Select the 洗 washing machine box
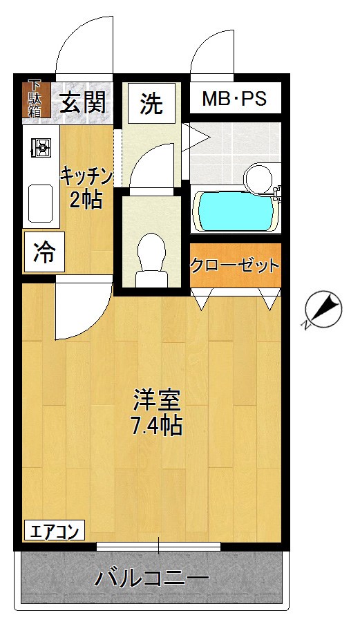(x=151, y=103)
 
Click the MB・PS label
(x=234, y=100)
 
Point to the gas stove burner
(x=41, y=147)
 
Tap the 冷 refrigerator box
(x=44, y=252)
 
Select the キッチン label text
(x=86, y=173)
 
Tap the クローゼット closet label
(x=235, y=265)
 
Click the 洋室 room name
(x=157, y=400)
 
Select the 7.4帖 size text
(x=157, y=426)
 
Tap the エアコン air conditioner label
(x=55, y=531)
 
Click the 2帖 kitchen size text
(x=86, y=200)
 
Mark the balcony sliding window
(x=159, y=547)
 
